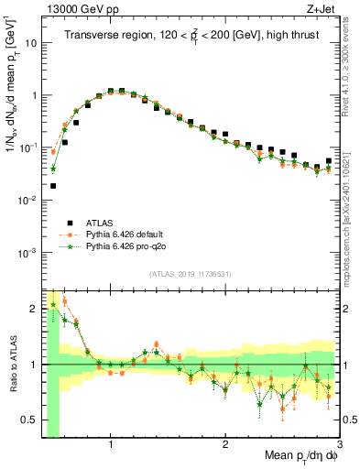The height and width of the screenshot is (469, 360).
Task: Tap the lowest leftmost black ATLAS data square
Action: point(53,185)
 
